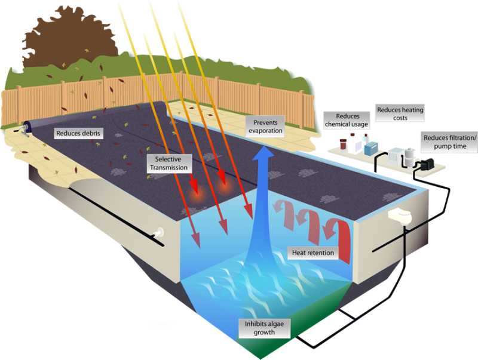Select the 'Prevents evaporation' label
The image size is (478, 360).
click(265, 126)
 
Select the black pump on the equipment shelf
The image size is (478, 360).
click(427, 162)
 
